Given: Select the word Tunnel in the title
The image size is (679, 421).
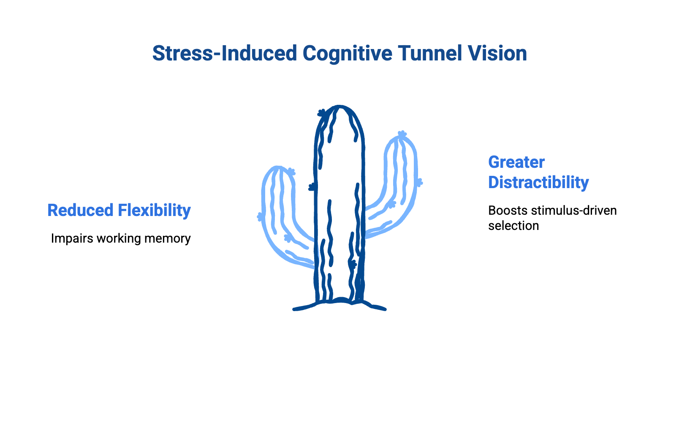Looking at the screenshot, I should (x=429, y=54).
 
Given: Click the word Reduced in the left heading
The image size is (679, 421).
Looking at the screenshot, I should (x=81, y=210).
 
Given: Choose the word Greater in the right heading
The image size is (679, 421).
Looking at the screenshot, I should (x=516, y=162).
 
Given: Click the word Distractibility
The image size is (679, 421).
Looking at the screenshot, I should (x=538, y=183).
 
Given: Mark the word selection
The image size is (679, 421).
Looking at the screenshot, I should (x=513, y=226).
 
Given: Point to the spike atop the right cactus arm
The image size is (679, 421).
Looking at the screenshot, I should (x=402, y=135).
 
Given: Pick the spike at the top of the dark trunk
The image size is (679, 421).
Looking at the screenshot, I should (x=322, y=113).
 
